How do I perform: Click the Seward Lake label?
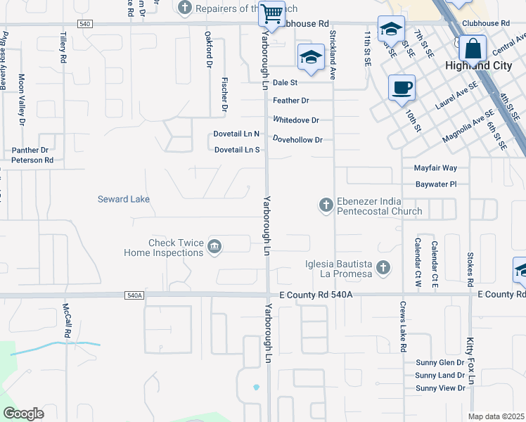pyautogui.click(x=124, y=199)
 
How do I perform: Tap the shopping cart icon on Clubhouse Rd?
pyautogui.click(x=271, y=13)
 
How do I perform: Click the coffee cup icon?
pyautogui.click(x=402, y=88)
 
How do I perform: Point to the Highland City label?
pyautogui.click(x=476, y=65)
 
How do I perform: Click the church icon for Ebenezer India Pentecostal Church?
pyautogui.click(x=326, y=205)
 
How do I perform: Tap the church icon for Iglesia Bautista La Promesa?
pyautogui.click(x=383, y=267)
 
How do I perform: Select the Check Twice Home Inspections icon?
pyautogui.click(x=215, y=246)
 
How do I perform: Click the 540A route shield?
pyautogui.click(x=134, y=295)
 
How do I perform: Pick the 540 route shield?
pyautogui.click(x=84, y=24)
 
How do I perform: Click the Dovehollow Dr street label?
pyautogui.click(x=297, y=140)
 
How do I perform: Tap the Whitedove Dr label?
pyautogui.click(x=296, y=120)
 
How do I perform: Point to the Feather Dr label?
pyautogui.click(x=291, y=101)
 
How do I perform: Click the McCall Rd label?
pyautogui.click(x=68, y=319)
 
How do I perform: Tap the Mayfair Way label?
pyautogui.click(x=435, y=168)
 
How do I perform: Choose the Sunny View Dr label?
pyautogui.click(x=440, y=388)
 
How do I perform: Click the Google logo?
pyautogui.click(x=23, y=414)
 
